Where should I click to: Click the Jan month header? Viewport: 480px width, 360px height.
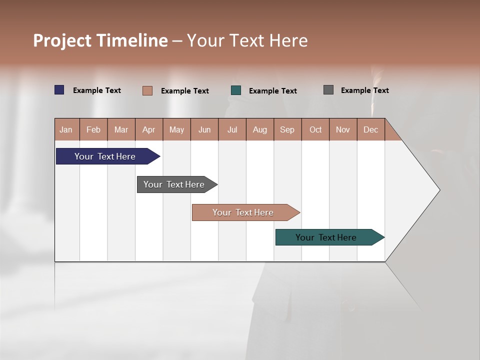tap(66, 129)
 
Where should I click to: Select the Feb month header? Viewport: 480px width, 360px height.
tap(93, 129)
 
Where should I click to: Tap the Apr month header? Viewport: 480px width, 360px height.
tap(148, 129)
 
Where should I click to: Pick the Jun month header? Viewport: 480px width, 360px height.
tap(204, 129)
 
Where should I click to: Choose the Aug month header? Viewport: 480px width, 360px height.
tap(259, 129)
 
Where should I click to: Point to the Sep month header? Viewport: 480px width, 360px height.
tap(287, 129)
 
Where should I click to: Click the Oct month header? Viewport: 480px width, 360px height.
tap(315, 129)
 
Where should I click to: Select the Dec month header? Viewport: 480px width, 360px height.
tap(370, 129)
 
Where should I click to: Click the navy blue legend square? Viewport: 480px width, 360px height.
tap(59, 90)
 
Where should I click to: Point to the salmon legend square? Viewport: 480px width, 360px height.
tap(147, 90)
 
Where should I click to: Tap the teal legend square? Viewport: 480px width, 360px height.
tap(236, 90)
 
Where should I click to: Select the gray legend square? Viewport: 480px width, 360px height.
tap(328, 90)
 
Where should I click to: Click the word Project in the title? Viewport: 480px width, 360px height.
tap(62, 40)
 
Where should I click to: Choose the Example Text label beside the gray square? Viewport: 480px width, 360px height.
tap(364, 90)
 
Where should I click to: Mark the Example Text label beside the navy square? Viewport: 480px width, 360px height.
tap(97, 90)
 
